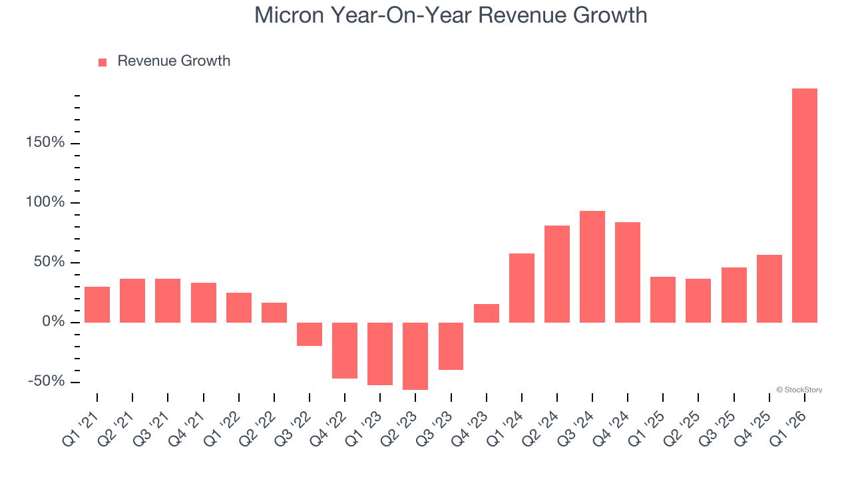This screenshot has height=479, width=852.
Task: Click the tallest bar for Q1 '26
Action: pyautogui.click(x=804, y=206)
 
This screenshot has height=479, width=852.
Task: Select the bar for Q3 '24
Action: pyautogui.click(x=592, y=267)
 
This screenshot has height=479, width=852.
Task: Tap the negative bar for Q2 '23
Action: pyautogui.click(x=415, y=356)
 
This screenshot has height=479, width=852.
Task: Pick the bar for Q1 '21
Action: pyautogui.click(x=97, y=305)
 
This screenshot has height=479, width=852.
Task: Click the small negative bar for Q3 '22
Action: pyautogui.click(x=310, y=334)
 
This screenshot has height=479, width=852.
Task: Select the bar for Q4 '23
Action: pyautogui.click(x=487, y=313)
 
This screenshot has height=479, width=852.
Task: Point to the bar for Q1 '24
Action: pyautogui.click(x=522, y=288)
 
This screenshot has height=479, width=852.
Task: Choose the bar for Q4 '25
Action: pyautogui.click(x=769, y=289)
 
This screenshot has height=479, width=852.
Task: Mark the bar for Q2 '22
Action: pyautogui.click(x=274, y=313)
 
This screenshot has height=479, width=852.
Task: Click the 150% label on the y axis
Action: pyautogui.click(x=46, y=143)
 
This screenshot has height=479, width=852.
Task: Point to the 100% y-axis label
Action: pyautogui.click(x=46, y=202)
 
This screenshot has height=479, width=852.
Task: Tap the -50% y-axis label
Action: pyautogui.click(x=46, y=381)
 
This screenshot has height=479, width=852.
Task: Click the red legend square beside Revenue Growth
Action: pyautogui.click(x=103, y=63)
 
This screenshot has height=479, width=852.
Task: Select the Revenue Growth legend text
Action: pyautogui.click(x=174, y=61)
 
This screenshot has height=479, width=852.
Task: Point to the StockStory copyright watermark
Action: pyautogui.click(x=799, y=390)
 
